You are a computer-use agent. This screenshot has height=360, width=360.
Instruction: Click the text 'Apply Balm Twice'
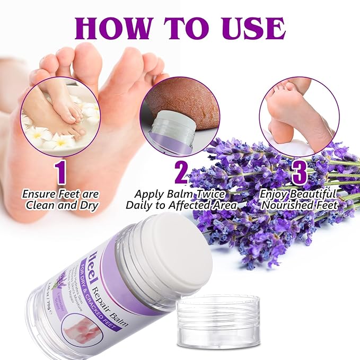[x=180, y=195]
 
